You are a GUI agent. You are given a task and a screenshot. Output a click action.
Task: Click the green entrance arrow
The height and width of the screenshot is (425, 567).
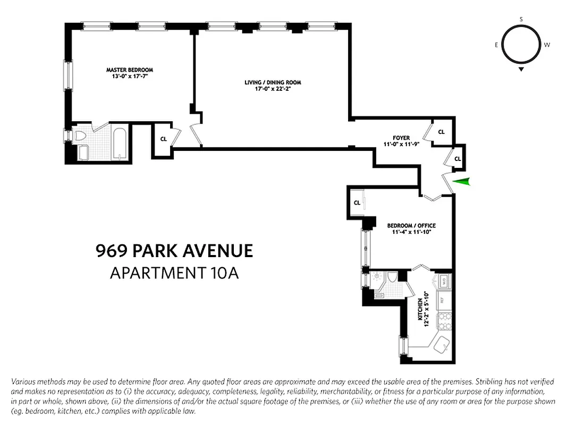(x=463, y=182)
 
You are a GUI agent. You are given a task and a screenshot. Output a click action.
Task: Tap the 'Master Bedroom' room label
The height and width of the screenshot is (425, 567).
(x=129, y=70)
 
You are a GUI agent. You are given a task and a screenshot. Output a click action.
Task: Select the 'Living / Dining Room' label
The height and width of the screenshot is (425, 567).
(x=273, y=82)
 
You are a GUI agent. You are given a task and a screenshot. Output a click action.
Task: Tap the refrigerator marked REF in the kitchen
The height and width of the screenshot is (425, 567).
(x=442, y=300)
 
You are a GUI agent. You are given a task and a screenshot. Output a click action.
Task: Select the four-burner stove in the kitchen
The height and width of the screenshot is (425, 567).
(x=443, y=321)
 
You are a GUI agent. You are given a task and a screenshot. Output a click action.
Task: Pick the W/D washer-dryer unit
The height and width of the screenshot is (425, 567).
(x=442, y=281)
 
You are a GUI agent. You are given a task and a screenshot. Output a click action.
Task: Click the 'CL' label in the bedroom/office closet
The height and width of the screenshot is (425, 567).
(x=357, y=203)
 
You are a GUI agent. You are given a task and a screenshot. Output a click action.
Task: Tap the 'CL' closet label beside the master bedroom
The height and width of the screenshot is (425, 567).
(x=164, y=139)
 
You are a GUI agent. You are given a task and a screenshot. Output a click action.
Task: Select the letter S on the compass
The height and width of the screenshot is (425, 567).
(x=521, y=19)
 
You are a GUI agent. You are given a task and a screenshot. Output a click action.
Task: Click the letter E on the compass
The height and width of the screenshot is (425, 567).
(x=496, y=45)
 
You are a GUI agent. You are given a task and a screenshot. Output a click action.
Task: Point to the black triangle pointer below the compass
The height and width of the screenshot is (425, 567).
(x=521, y=69)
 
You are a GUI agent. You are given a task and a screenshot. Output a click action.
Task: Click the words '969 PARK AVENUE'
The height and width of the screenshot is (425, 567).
(x=174, y=251)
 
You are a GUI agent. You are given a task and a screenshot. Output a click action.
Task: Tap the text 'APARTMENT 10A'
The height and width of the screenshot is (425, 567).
(x=174, y=273)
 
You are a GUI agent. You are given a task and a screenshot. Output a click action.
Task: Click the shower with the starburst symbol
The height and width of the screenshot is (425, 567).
(x=377, y=277)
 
